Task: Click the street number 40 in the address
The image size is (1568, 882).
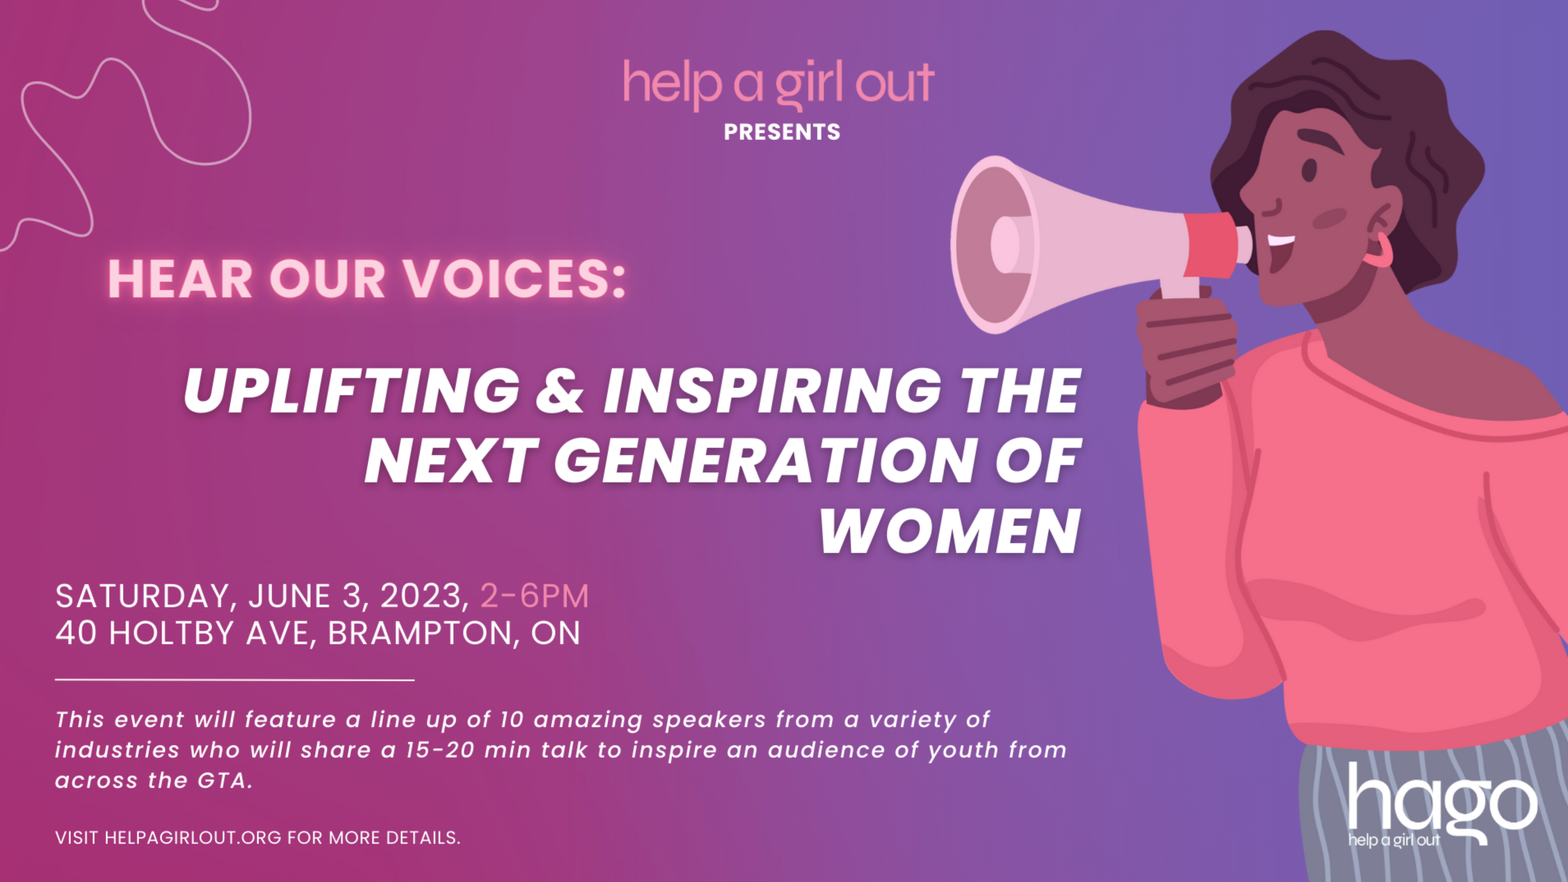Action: tap(76, 633)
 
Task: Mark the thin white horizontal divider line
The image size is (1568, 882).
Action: tap(235, 679)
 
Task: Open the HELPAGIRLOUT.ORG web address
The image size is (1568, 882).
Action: tap(193, 838)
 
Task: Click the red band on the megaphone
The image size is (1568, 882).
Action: tap(1211, 245)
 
